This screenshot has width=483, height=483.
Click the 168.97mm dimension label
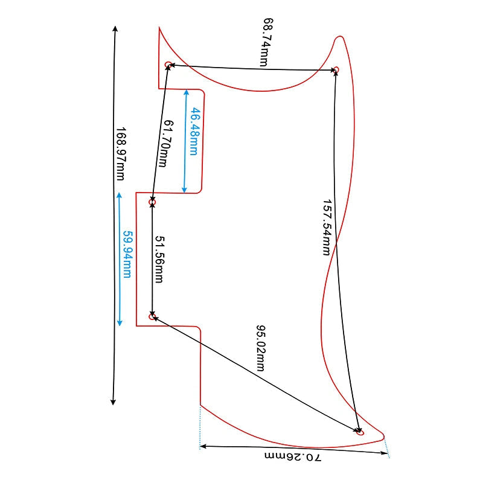tap(120, 154)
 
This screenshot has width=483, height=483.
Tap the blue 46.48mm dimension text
tap(194, 131)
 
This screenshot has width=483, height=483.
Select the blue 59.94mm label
tap(127, 254)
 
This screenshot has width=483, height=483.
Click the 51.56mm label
tap(159, 260)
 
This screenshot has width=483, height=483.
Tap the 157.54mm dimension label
tap(327, 228)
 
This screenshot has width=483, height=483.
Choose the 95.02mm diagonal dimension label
tap(261, 348)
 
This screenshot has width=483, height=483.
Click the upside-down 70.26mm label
tap(293, 456)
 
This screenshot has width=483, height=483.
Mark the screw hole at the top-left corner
tap(168, 65)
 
